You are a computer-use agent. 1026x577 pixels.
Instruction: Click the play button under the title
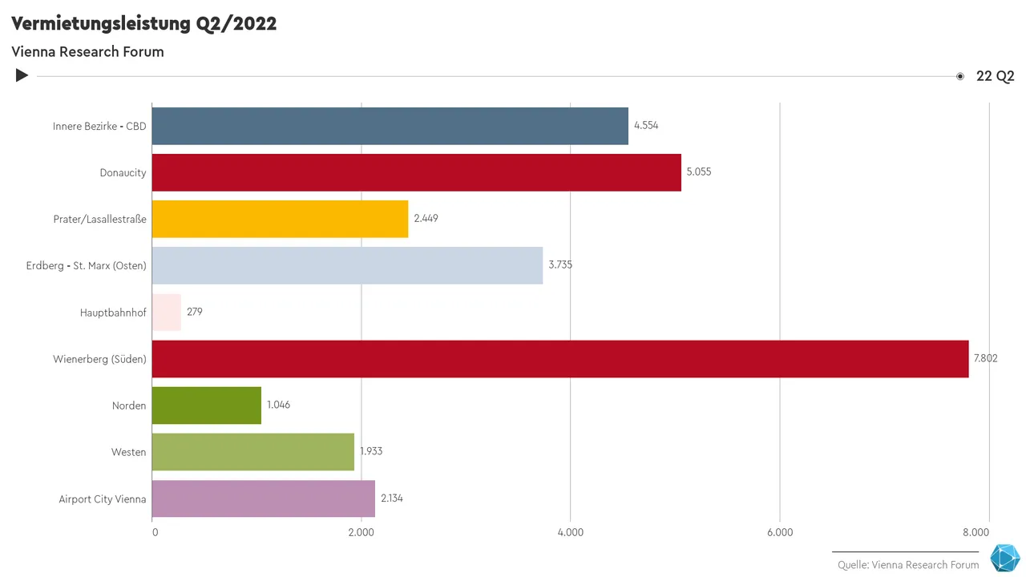[22, 75]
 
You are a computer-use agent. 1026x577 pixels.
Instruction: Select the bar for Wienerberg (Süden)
[559, 359]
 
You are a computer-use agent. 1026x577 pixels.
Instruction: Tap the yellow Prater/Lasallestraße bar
[280, 219]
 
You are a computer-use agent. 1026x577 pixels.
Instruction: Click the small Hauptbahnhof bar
[166, 313]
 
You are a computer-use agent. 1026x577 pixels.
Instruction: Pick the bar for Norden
[206, 406]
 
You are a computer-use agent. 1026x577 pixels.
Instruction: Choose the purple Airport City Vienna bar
[263, 498]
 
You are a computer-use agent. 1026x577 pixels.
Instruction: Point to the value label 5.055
[699, 172]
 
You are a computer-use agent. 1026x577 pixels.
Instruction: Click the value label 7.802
[985, 358]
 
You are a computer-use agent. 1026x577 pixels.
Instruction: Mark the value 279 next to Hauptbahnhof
[195, 312]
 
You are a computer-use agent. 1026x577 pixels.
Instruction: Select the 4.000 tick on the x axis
[570, 533]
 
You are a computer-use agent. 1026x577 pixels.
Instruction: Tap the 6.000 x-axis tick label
[780, 533]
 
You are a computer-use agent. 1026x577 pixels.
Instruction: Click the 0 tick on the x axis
[155, 533]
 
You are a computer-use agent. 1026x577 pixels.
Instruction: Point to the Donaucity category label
[123, 173]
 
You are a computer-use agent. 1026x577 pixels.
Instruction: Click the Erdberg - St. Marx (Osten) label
[87, 266]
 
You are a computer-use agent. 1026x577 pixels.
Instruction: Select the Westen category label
[128, 452]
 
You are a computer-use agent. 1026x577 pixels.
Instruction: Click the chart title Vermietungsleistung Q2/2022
[144, 24]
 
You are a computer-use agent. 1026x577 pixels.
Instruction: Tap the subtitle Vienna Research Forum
[87, 52]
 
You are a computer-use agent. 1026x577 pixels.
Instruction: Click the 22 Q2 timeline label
[995, 76]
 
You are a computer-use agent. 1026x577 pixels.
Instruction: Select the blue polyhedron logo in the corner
[1004, 559]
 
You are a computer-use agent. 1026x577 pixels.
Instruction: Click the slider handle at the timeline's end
[959, 76]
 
